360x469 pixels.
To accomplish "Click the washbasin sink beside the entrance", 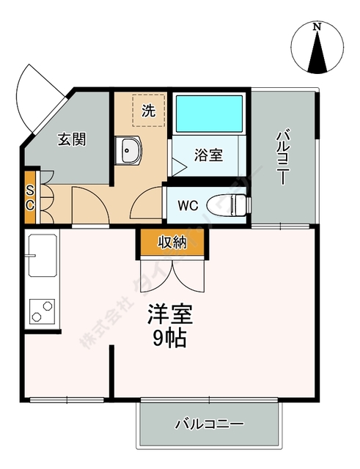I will click(x=131, y=151).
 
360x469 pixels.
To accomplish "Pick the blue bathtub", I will click(x=209, y=112).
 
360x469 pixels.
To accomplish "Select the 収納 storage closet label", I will click(x=170, y=242).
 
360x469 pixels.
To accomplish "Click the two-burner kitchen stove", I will click(x=42, y=311).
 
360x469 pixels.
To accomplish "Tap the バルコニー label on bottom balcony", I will click(x=209, y=424).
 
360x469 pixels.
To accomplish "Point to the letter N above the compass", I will click(x=317, y=28).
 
